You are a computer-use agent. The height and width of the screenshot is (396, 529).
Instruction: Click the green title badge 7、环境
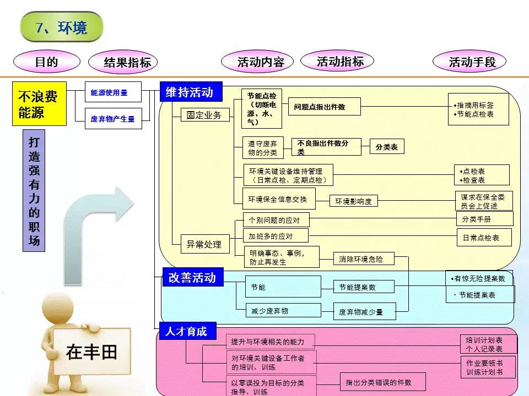tap(61, 27)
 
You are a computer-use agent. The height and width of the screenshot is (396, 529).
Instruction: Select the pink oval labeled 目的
tap(46, 62)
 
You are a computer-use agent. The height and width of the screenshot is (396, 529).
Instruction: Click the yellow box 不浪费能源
tap(39, 104)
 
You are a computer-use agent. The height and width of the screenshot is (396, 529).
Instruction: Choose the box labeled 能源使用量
tap(112, 93)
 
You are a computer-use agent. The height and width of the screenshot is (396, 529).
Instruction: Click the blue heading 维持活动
tap(190, 92)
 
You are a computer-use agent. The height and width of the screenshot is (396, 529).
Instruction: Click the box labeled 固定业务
tap(204, 115)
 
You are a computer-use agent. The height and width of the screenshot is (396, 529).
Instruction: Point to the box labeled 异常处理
tap(204, 244)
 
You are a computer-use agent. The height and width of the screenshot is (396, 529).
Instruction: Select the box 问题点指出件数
tap(324, 107)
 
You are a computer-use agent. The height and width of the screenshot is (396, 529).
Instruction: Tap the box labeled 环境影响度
tap(354, 201)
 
